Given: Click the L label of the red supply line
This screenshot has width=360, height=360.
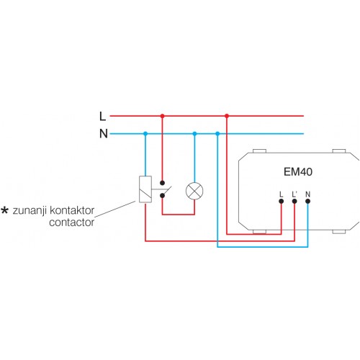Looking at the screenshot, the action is pyautogui.click(x=102, y=116).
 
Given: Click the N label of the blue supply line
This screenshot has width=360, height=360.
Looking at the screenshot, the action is pyautogui.click(x=104, y=134).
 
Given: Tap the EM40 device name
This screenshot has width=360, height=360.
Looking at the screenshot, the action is pyautogui.click(x=298, y=172).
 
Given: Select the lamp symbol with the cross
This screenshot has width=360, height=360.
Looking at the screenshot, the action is pyautogui.click(x=194, y=191).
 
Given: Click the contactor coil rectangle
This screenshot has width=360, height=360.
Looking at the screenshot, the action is pyautogui.click(x=145, y=189).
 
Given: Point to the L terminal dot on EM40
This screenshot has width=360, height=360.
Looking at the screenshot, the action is pyautogui.click(x=282, y=201).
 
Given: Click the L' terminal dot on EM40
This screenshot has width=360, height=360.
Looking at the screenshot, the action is pyautogui.click(x=294, y=201).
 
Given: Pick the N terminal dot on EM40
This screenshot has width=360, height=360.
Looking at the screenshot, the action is pyautogui.click(x=307, y=201).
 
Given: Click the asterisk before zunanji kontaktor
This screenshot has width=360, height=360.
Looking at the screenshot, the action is pyautogui.click(x=5, y=210).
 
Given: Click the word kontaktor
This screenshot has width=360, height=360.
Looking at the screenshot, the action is pyautogui.click(x=72, y=210).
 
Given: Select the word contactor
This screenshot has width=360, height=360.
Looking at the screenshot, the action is pyautogui.click(x=71, y=222).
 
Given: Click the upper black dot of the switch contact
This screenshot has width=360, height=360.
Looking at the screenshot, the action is pyautogui.click(x=162, y=183).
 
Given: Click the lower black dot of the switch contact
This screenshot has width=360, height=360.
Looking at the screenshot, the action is pyautogui.click(x=162, y=196).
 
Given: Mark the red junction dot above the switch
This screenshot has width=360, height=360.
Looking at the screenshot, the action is pyautogui.click(x=162, y=116).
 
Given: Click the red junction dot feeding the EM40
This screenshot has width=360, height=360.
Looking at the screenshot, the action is pyautogui.click(x=227, y=116).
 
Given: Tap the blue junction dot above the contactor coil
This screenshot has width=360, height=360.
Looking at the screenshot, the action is pyautogui.click(x=145, y=134).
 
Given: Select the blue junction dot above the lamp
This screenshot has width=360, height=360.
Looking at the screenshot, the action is pyautogui.click(x=194, y=134).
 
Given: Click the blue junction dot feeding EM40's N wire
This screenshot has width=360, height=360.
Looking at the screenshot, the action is pyautogui.click(x=217, y=134).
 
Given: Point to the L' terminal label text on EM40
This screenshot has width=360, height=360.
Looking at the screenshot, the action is pyautogui.click(x=294, y=194).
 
